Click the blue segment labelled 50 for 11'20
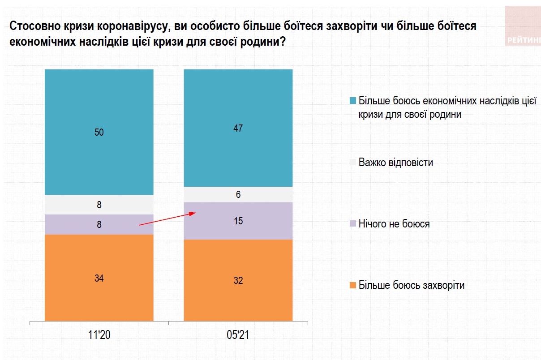click(99, 132)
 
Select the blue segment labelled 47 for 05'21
click(238, 128)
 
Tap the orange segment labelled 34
click(99, 278)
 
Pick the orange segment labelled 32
click(238, 280)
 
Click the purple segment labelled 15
click(238, 221)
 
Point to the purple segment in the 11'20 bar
click(99, 224)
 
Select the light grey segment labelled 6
click(238, 194)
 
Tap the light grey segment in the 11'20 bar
click(99, 205)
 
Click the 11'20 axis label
click(99, 335)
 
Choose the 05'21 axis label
click(238, 335)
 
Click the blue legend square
click(353, 100)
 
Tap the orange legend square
click(353, 285)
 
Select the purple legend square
click(353, 223)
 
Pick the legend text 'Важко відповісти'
click(396, 162)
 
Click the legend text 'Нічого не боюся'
click(394, 223)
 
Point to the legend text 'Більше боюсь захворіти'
click(412, 285)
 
